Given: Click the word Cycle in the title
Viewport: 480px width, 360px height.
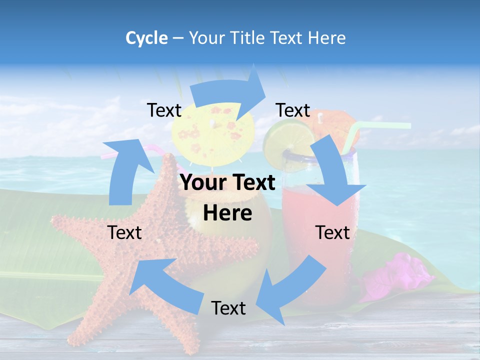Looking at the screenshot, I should [x=146, y=38].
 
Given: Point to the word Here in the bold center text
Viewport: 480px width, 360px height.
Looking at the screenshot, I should [x=227, y=213].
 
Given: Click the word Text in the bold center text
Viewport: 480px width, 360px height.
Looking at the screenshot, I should [x=252, y=183].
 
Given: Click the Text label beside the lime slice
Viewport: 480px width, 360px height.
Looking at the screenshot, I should [x=293, y=110].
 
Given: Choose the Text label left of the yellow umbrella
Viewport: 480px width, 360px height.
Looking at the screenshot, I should [x=164, y=110].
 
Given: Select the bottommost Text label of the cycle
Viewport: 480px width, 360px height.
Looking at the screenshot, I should [x=228, y=308].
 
